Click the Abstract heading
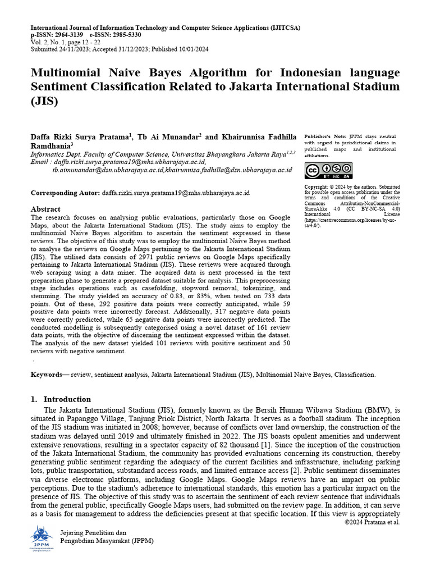pyautogui.click(x=45, y=209)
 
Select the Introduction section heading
pyautogui.click(x=67, y=399)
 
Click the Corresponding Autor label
pyautogui.click(x=65, y=193)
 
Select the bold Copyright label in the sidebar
pyautogui.click(x=318, y=186)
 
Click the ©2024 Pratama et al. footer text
pyautogui.click(x=372, y=522)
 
